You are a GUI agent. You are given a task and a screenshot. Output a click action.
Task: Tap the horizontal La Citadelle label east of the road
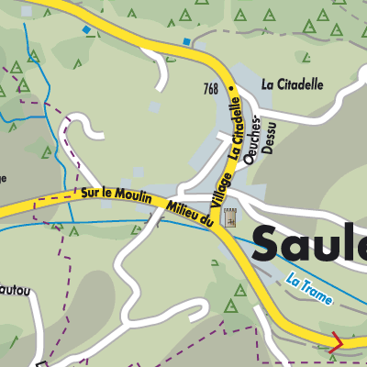tap(293, 83)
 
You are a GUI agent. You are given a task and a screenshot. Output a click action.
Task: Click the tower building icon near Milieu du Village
tap(229, 218)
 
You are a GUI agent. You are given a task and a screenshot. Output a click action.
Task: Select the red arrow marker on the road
tap(337, 343)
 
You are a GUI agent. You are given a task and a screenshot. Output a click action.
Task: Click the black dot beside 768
tap(232, 89)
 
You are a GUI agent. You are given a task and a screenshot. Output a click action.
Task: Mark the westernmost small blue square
tap(87, 30)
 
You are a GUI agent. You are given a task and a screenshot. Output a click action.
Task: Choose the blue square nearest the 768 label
tap(186, 41)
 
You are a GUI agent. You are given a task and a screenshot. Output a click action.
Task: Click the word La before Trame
tap(294, 279)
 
